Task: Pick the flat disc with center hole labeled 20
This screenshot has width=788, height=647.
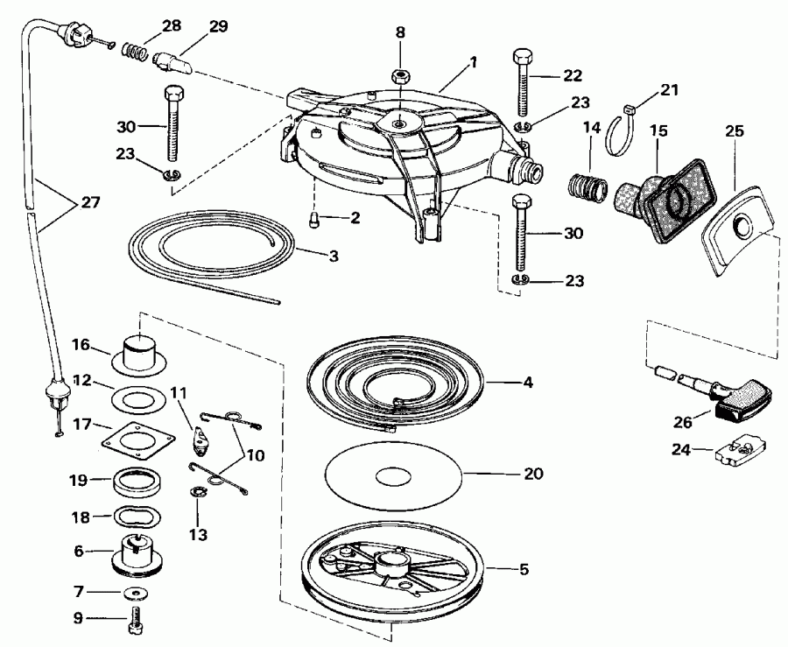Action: tap(391, 476)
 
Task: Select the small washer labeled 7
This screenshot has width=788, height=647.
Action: tap(135, 594)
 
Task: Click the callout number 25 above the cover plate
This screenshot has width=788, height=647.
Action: tap(734, 131)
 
